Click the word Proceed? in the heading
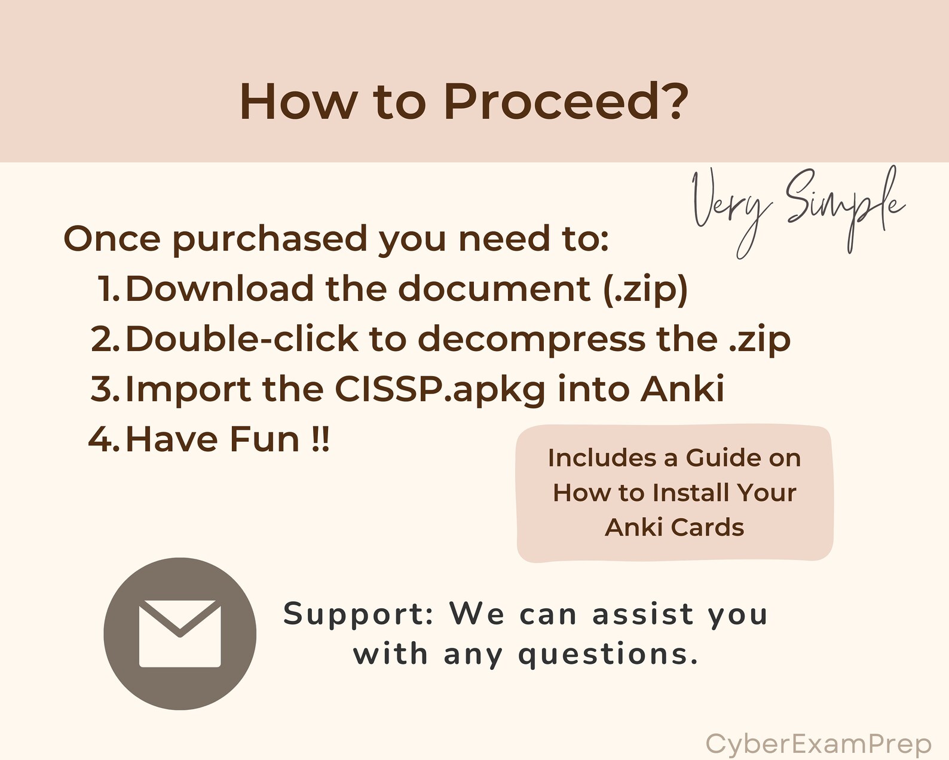coord(565,101)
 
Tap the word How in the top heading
coord(298,101)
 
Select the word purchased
coord(270,239)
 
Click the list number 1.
coord(109,289)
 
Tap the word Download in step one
coord(219,289)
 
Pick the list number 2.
coord(106,339)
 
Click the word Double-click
coord(241,339)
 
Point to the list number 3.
coord(106,389)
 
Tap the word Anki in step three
coord(682,389)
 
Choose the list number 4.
coord(105,439)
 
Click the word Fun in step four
coord(264,439)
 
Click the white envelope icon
coord(180,633)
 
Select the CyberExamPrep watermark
coord(818,744)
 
